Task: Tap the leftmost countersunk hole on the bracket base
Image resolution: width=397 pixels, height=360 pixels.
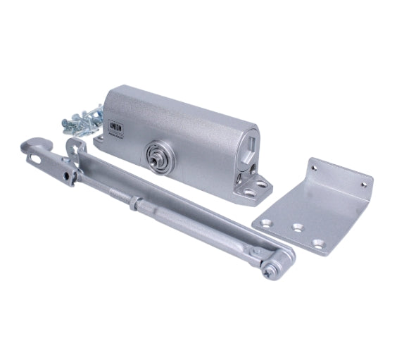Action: click(266, 223)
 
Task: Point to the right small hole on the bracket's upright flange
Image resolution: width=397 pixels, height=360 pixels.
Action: click(364, 185)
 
